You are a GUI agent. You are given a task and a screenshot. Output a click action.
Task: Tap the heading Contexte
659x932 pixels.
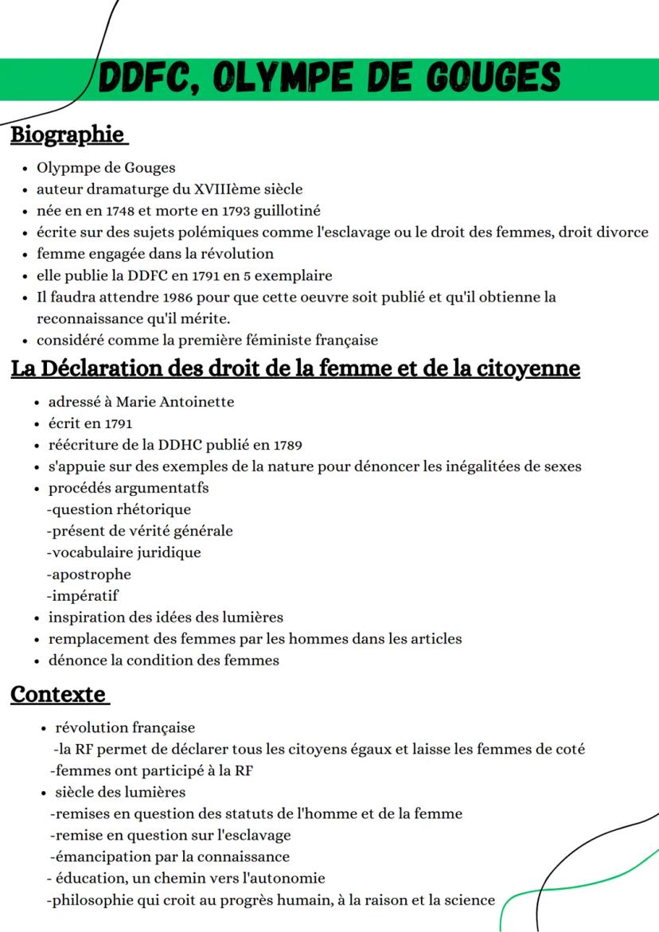(57, 694)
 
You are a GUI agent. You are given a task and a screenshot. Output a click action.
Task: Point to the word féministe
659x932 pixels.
(273, 340)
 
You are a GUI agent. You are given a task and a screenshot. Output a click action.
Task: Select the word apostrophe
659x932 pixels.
(91, 574)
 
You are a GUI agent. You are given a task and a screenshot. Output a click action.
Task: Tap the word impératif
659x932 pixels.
(84, 595)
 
